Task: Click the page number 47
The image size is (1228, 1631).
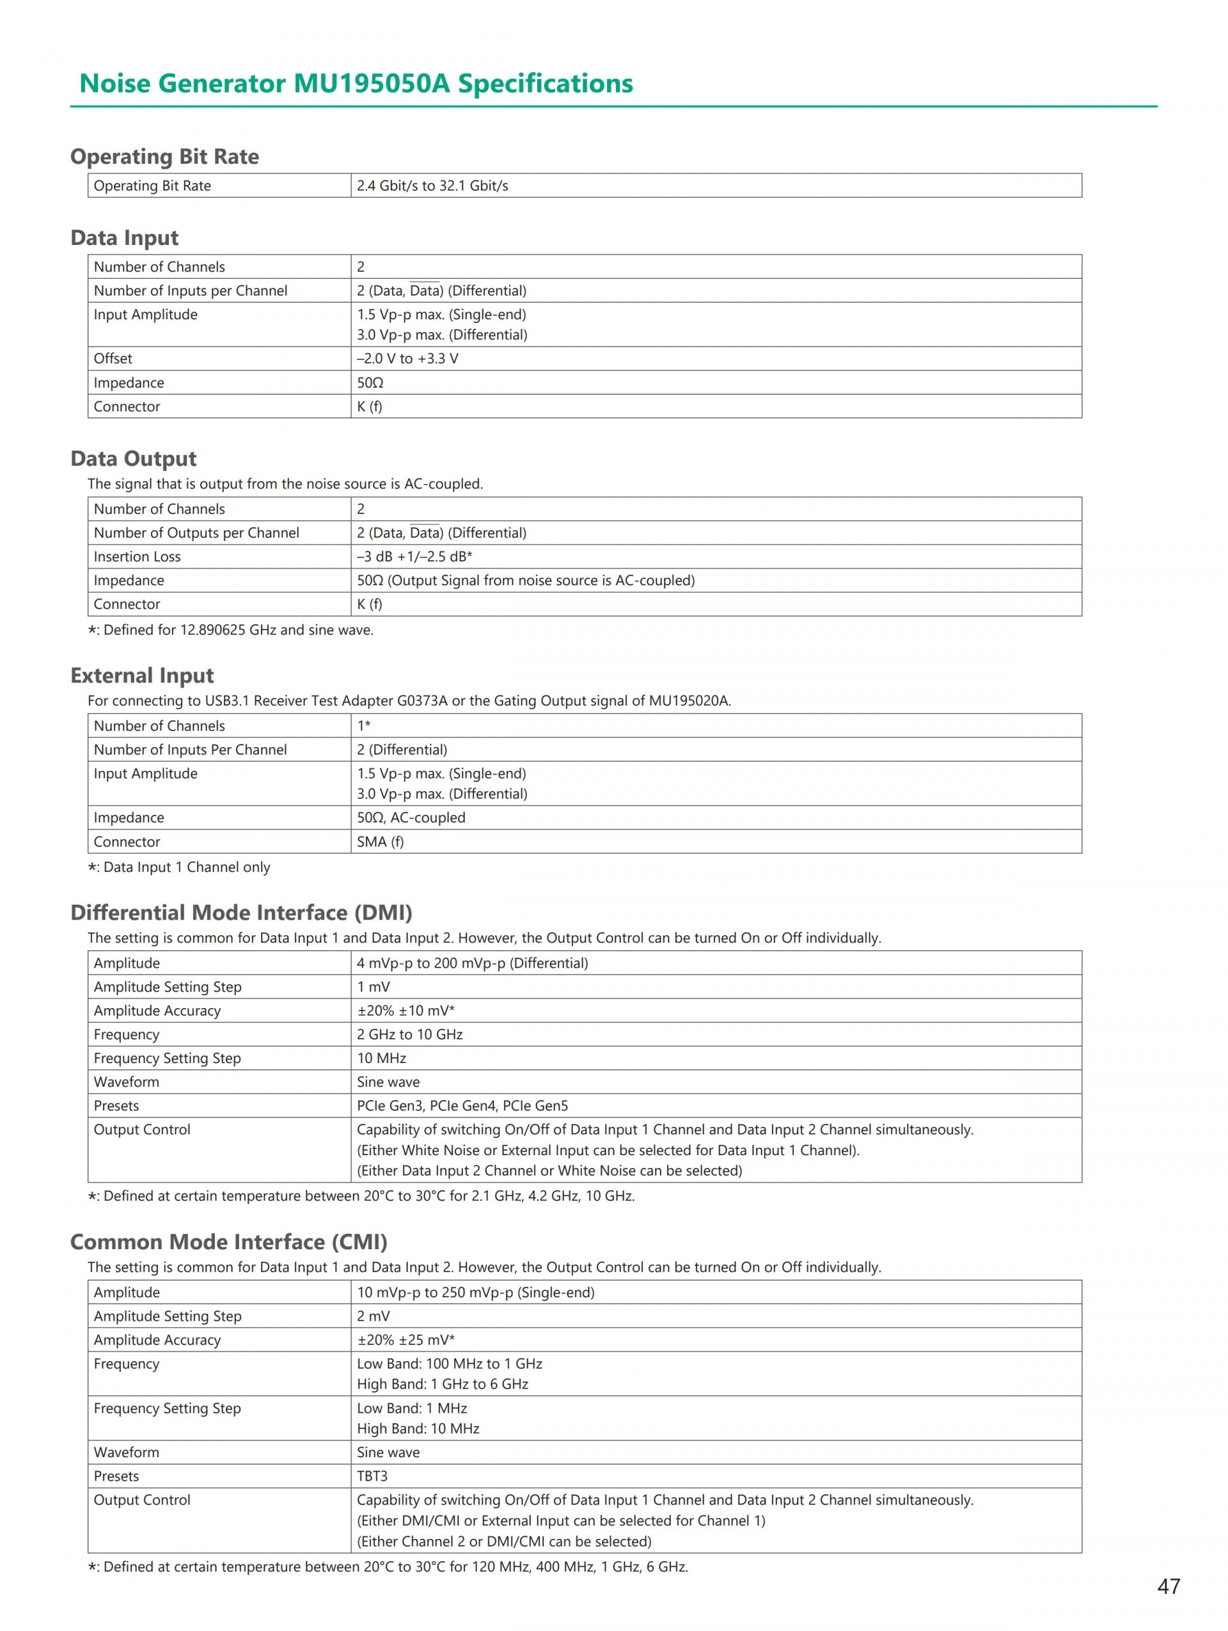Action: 1169,1586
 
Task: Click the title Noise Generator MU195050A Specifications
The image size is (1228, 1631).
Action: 356,83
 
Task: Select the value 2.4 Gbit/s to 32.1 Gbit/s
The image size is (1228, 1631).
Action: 432,186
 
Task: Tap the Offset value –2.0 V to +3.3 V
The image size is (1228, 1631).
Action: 407,359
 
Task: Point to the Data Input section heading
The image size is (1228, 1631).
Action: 125,237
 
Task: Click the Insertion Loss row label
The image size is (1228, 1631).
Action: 137,556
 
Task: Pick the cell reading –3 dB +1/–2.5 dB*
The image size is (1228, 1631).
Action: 414,556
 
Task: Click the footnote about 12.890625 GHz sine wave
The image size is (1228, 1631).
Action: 231,631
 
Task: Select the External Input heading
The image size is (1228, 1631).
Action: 142,675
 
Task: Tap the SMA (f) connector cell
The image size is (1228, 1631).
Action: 381,842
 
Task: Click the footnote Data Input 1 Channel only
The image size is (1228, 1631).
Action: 179,868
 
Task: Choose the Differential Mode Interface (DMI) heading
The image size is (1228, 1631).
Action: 241,913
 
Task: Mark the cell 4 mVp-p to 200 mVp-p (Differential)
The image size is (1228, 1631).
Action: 473,964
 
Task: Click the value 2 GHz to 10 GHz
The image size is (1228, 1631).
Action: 410,1036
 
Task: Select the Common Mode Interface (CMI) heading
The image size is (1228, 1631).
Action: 228,1242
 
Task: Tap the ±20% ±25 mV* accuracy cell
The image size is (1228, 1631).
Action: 405,1341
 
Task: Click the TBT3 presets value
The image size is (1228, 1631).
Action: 372,1476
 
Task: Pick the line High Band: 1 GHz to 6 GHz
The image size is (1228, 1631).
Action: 442,1385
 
